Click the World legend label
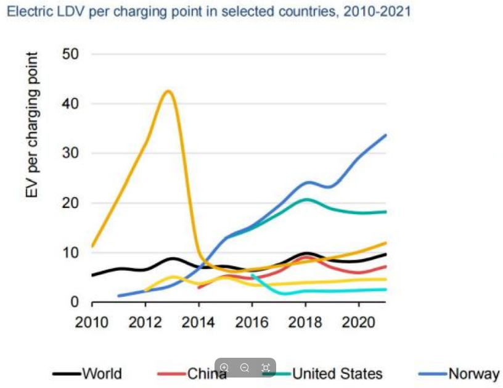pos(102,373)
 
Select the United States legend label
pos(337,373)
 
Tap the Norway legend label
pos(473,373)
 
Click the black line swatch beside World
pos(67,374)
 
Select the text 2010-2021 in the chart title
pos(377,12)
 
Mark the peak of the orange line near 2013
pos(168,91)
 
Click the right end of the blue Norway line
pos(385,135)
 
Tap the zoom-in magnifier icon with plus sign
pos(224,368)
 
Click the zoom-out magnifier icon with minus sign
pos(245,368)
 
